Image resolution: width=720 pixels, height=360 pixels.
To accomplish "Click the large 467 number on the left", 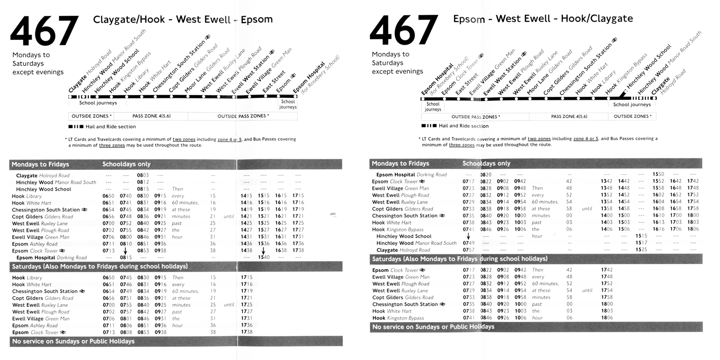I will pyautogui.click(x=44, y=32).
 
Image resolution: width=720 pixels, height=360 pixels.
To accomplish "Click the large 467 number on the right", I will pyautogui.click(x=404, y=31).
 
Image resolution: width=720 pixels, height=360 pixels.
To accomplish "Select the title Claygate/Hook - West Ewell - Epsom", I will pyautogui.click(x=182, y=20).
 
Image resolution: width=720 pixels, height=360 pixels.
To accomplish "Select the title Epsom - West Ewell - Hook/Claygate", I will pyautogui.click(x=542, y=19).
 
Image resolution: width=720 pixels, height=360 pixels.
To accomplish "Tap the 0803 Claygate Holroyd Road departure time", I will pyautogui.click(x=143, y=176).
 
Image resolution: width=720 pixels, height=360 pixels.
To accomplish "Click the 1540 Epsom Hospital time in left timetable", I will pyautogui.click(x=264, y=258).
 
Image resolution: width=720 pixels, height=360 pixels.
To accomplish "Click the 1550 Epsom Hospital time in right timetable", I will pyautogui.click(x=658, y=174).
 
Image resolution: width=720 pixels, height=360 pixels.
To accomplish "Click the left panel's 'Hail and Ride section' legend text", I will pyautogui.click(x=110, y=127).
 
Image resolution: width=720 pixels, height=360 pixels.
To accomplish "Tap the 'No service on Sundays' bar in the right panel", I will pyautogui.click(x=433, y=327).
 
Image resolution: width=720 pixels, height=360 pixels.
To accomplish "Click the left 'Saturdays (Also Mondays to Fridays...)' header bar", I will pyautogui.click(x=99, y=266).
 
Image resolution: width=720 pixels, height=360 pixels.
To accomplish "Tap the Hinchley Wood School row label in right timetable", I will pyautogui.click(x=404, y=236).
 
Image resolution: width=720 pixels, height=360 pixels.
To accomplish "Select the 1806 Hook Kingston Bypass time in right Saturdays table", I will pyautogui.click(x=607, y=318).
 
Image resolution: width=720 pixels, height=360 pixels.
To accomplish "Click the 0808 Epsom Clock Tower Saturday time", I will pyautogui.click(x=126, y=332).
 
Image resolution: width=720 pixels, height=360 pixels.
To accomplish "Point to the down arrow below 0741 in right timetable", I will pyautogui.click(x=468, y=236).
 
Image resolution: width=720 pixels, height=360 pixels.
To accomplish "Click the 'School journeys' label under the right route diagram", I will pyautogui.click(x=632, y=105).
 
